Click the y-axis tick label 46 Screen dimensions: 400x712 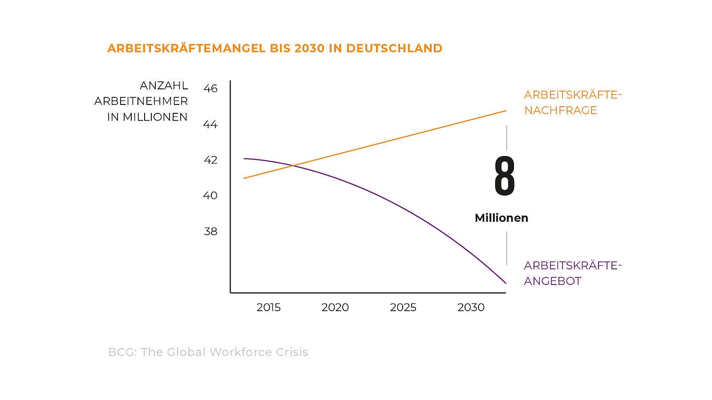tap(210, 88)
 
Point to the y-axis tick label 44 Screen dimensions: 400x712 tap(210, 124)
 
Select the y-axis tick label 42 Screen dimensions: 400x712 tap(210, 160)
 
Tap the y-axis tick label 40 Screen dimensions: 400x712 tap(210, 196)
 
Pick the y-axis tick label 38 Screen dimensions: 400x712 tap(210, 232)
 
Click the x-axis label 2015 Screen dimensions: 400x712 tap(268, 308)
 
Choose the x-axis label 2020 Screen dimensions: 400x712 tap(335, 308)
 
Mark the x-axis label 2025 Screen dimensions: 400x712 tap(403, 308)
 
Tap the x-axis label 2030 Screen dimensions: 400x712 tap(471, 308)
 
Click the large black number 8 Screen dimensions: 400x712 tap(505, 176)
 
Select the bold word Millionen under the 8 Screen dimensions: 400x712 tap(502, 218)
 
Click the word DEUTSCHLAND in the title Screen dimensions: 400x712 tap(394, 48)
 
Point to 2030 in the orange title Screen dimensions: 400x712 tap(309, 48)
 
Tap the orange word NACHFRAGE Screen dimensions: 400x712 tap(560, 111)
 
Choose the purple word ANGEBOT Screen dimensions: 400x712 tap(552, 281)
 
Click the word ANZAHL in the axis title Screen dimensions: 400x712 tap(164, 86)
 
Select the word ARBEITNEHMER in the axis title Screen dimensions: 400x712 tap(141, 101)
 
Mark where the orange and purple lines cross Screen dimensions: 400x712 tap(293, 166)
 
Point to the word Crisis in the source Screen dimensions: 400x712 tap(292, 352)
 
